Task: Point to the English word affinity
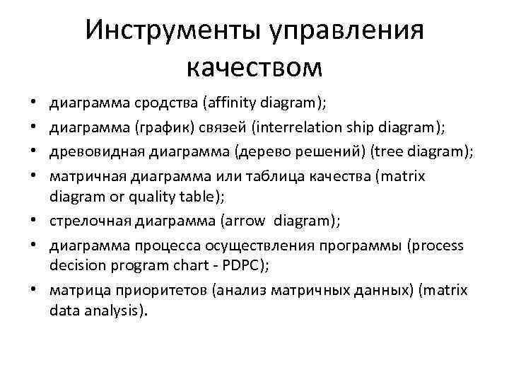[x=230, y=103]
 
